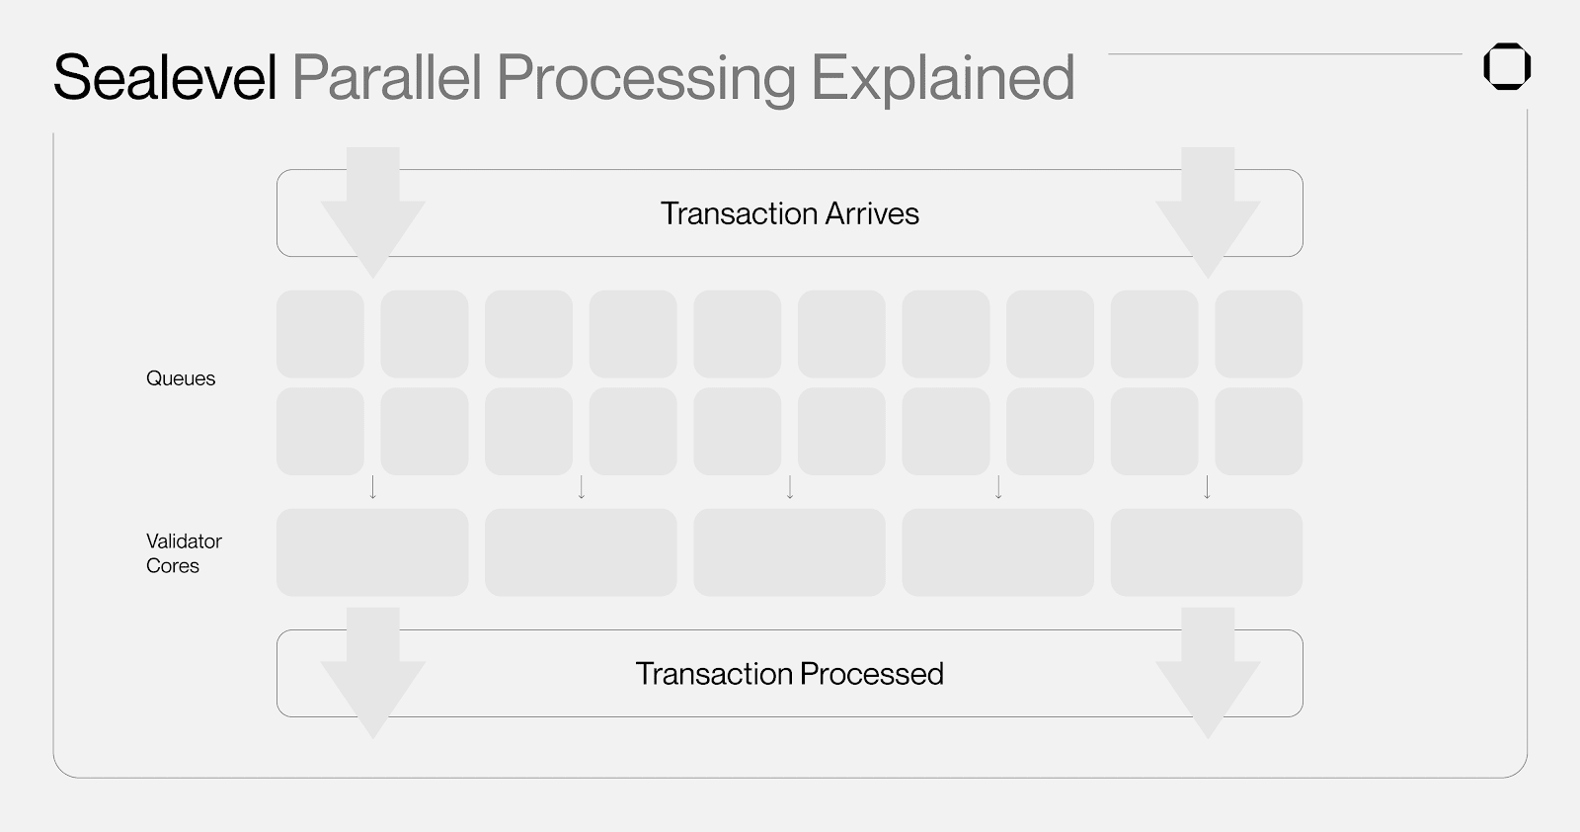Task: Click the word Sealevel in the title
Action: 165,77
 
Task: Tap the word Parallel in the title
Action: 387,77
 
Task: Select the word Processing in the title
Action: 646,80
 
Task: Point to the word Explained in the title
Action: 943,80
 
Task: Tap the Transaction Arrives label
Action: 789,213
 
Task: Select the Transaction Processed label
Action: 789,673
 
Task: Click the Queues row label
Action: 181,378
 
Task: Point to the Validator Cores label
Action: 184,553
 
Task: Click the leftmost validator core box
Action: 372,552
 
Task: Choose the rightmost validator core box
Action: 1207,552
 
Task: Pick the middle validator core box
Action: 789,552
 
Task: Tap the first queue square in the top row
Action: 320,334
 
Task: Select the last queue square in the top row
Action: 1259,334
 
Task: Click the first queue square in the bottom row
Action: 320,431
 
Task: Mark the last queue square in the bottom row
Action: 1259,431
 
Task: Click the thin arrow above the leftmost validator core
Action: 373,487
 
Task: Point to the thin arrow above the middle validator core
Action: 790,487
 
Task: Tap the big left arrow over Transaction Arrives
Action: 373,212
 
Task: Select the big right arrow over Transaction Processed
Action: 1208,673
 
